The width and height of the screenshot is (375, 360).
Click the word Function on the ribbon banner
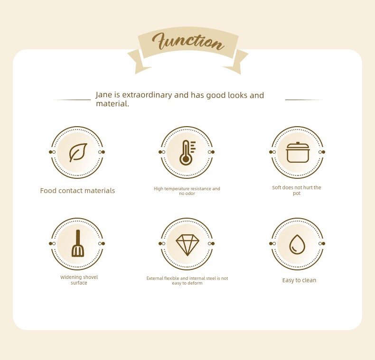(x=188, y=41)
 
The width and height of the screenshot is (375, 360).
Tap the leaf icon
(x=78, y=153)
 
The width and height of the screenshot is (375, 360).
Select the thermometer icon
(x=187, y=153)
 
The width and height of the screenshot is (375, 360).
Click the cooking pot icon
(x=298, y=152)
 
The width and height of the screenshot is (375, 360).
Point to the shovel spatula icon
(x=78, y=244)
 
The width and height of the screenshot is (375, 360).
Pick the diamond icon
(x=187, y=245)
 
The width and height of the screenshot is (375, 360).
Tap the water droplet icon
(x=297, y=244)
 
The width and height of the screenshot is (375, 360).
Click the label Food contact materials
(x=77, y=191)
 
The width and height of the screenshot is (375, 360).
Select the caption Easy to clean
(x=299, y=280)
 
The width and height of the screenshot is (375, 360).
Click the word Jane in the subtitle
(x=104, y=95)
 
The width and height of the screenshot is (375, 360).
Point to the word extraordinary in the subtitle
(x=147, y=95)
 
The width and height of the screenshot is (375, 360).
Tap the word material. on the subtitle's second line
(x=112, y=103)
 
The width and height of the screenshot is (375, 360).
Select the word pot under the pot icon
(x=297, y=193)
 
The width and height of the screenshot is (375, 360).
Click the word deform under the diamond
(x=196, y=283)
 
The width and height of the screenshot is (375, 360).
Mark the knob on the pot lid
(x=298, y=143)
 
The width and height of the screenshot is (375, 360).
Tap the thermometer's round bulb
(x=186, y=159)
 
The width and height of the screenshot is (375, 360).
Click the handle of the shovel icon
(x=78, y=238)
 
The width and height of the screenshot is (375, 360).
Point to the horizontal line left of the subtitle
(x=72, y=100)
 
